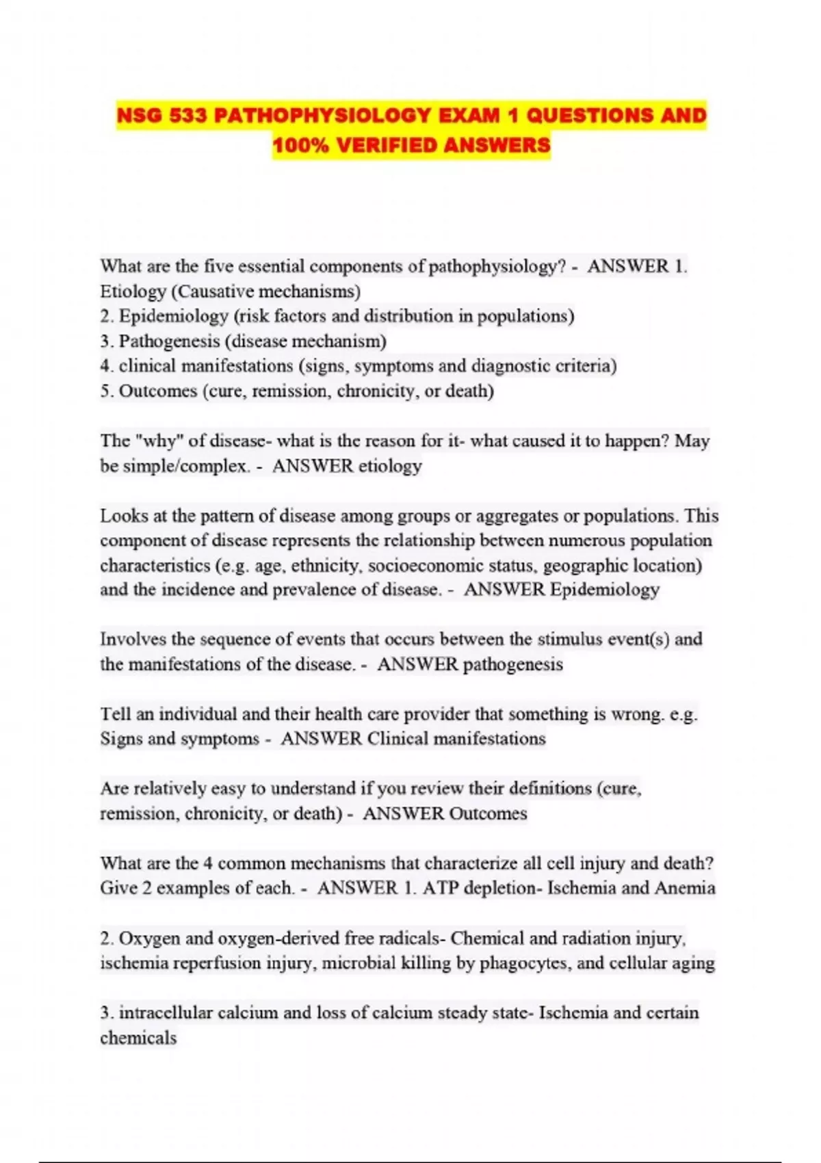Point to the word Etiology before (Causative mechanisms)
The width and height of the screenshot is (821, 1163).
coord(133,291)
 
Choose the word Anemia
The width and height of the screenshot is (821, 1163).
coord(685,888)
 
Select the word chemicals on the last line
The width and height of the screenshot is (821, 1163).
coord(138,1038)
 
